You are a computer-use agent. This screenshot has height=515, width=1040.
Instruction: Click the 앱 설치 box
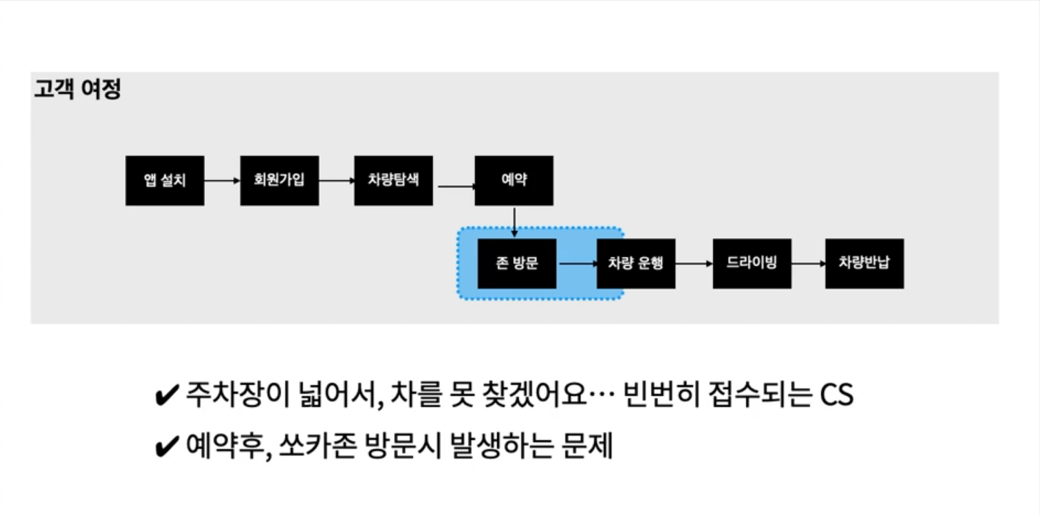[x=165, y=181]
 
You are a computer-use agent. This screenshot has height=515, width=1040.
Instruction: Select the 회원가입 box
[x=279, y=181]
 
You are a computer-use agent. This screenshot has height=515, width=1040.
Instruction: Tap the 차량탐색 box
[x=393, y=181]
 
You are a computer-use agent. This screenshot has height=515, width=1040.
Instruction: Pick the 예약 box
[x=514, y=181]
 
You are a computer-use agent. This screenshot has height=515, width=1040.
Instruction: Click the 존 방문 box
[x=517, y=263]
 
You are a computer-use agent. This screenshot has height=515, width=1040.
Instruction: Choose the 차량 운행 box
[x=636, y=263]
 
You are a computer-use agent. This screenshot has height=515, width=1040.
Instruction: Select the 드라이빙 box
[x=752, y=263]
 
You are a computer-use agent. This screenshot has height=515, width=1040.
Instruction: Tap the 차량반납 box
[x=864, y=263]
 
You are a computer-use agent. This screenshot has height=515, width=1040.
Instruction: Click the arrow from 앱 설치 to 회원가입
[x=222, y=181]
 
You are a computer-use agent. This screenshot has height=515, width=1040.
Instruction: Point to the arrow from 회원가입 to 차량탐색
[x=337, y=181]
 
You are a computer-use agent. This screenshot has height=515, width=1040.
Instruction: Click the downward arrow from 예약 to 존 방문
[x=514, y=221]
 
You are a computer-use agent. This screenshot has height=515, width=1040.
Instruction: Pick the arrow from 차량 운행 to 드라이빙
[x=694, y=263]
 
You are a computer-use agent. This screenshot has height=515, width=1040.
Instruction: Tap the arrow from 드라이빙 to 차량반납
[x=808, y=263]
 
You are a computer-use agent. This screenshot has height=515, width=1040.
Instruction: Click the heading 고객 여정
[x=77, y=90]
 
